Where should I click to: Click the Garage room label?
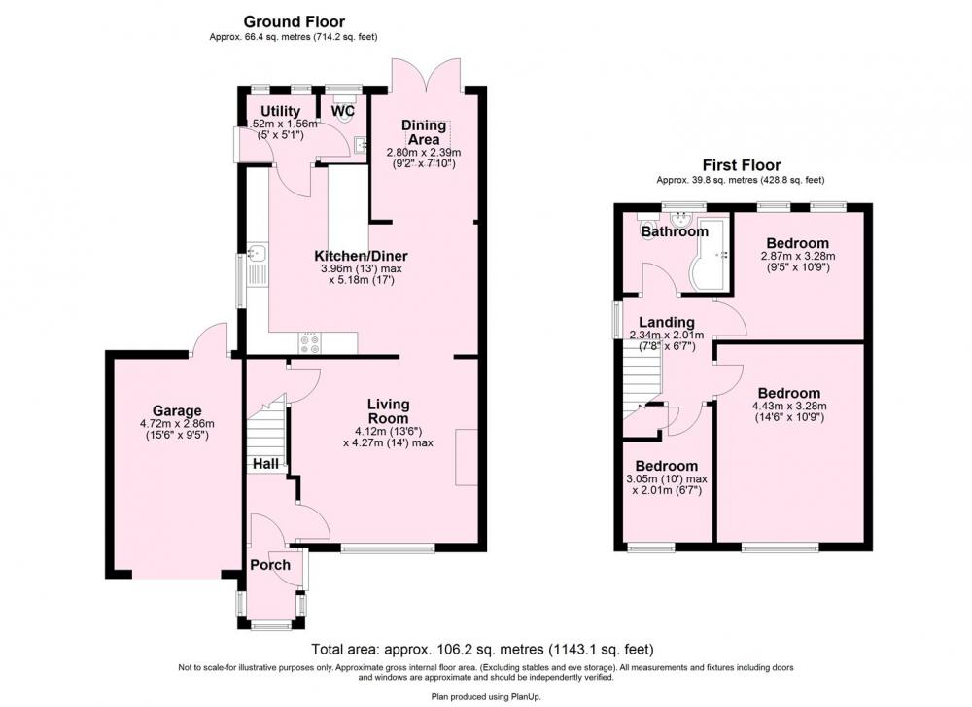(x=177, y=410)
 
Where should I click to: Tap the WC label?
(x=343, y=111)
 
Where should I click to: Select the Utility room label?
(x=280, y=111)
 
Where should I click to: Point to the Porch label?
(x=270, y=565)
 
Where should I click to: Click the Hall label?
(x=265, y=463)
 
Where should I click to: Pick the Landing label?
(x=667, y=323)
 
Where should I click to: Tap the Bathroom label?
(x=675, y=232)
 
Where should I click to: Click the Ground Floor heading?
(x=294, y=22)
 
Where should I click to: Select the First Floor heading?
(x=741, y=165)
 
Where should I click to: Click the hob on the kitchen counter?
(x=309, y=343)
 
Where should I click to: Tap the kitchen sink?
(x=257, y=253)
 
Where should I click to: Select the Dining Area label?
(x=424, y=132)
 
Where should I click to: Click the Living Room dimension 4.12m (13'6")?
(x=389, y=431)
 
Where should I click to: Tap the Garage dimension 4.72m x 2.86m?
(x=177, y=424)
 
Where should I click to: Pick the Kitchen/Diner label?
(x=361, y=256)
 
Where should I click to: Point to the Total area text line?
(x=482, y=650)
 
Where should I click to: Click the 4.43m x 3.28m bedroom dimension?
(x=789, y=407)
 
